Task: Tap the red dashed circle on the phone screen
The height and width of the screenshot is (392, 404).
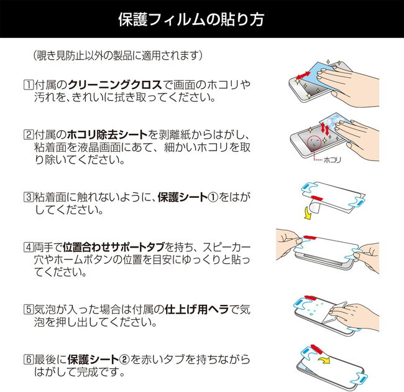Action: coord(320,142)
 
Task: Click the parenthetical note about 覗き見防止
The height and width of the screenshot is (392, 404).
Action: coord(118,55)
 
